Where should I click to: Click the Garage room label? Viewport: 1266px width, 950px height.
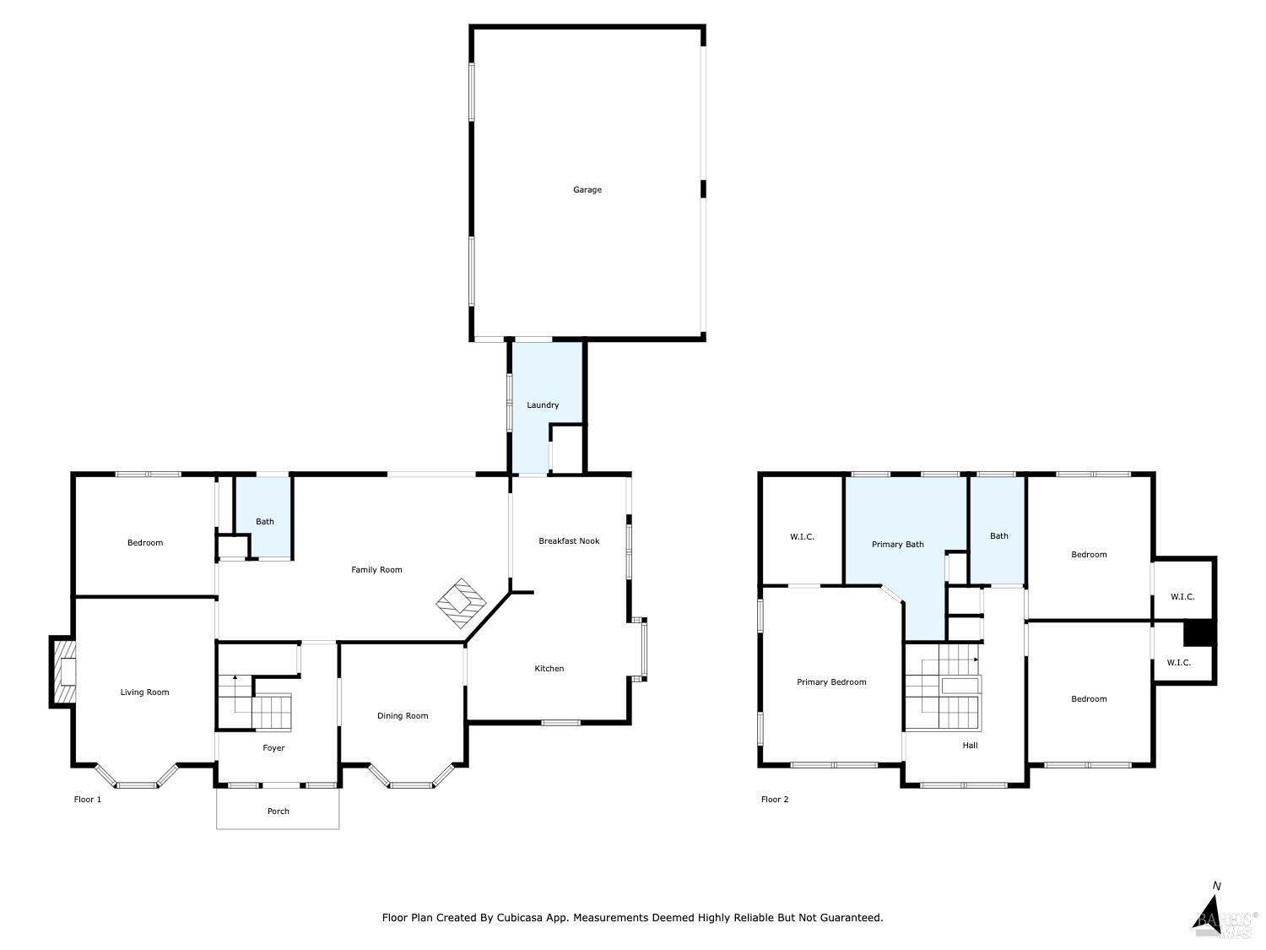(587, 190)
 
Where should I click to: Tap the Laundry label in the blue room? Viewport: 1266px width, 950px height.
(543, 405)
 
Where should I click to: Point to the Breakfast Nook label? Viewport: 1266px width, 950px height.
(569, 541)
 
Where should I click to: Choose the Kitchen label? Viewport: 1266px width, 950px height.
(549, 669)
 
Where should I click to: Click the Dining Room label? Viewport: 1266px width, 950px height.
(403, 716)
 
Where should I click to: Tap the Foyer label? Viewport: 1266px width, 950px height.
(273, 748)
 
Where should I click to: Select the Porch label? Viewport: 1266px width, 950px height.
(278, 812)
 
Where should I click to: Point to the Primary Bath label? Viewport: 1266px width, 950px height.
(897, 545)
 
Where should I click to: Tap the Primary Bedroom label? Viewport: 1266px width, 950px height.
(831, 682)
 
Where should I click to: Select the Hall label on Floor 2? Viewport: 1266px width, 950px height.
(970, 746)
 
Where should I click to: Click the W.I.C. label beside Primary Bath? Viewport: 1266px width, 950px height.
(802, 537)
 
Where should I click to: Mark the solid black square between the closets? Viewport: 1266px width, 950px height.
(1198, 632)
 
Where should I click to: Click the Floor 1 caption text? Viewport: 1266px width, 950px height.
(88, 800)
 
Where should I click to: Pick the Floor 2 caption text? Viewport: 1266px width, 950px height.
(775, 800)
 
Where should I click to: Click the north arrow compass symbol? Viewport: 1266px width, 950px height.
(1212, 913)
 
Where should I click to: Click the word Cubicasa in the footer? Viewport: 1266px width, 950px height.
(519, 918)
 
